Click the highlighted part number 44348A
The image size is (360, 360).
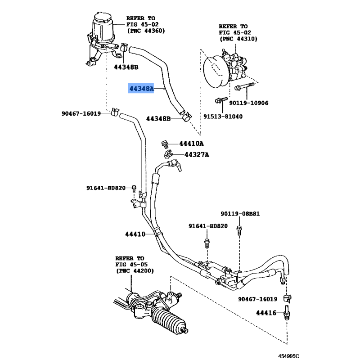pos(141,89)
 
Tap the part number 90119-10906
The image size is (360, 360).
pos(248,103)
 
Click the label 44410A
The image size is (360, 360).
pos(191,144)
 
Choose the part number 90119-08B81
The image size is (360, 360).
pos(240,214)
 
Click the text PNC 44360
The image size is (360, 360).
pos(146,31)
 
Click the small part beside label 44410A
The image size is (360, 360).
pos(166,144)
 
